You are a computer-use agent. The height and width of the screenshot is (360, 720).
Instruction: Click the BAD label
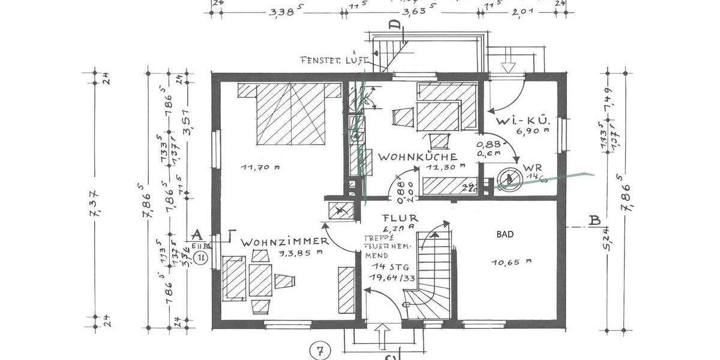[505, 235]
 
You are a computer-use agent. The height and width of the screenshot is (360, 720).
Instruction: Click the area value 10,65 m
[512, 262]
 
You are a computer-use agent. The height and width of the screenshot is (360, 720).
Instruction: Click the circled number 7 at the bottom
[321, 349]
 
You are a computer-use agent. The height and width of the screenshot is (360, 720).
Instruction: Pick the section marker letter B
[594, 220]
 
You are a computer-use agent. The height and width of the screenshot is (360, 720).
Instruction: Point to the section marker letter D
[394, 25]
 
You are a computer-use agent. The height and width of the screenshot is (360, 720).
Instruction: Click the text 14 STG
[387, 266]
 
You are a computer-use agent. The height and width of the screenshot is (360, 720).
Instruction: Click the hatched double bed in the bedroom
[291, 113]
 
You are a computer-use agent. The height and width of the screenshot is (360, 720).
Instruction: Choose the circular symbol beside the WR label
[509, 178]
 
